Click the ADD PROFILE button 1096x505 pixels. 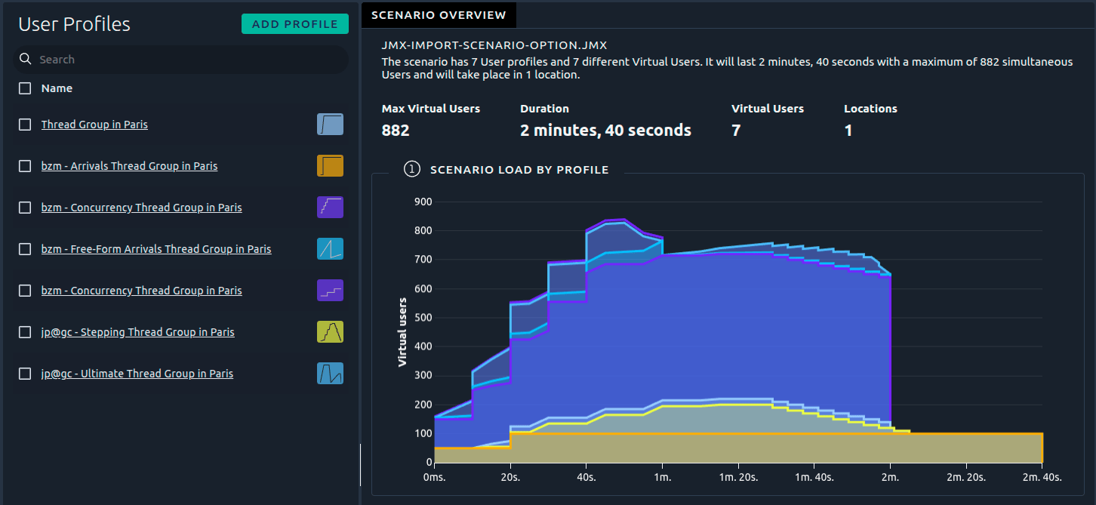pos(294,24)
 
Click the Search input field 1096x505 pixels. pos(189,60)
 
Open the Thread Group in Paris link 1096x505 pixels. pos(94,125)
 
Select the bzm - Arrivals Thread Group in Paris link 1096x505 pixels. pos(129,166)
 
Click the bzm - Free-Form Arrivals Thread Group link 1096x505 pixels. pos(156,249)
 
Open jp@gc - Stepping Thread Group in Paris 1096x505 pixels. pos(137,332)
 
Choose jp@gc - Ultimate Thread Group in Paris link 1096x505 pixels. pos(137,374)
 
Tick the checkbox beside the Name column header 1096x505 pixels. pos(25,88)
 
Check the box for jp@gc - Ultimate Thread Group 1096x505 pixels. pos(25,374)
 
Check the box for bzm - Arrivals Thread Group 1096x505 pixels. pos(25,166)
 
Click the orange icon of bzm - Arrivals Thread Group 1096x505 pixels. pos(330,166)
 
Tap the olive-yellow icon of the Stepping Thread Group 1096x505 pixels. pos(330,332)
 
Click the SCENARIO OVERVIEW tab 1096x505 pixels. pos(439,15)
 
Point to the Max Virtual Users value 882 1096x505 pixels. pos(396,131)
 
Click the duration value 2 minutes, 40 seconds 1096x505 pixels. pos(605,131)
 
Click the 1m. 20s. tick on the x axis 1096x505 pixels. pos(738,477)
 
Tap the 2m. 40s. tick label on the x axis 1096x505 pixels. pos(1042,477)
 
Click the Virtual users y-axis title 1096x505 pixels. pos(402,332)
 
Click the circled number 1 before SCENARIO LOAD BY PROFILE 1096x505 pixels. pos(412,170)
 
